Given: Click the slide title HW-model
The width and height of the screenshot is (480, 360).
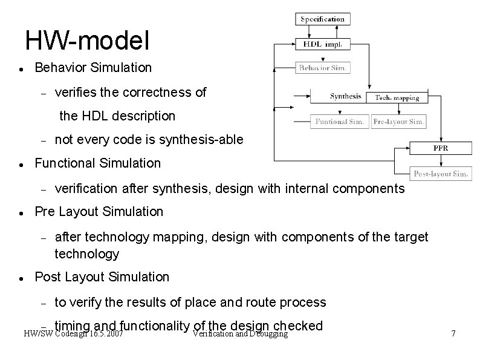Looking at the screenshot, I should pyautogui.click(x=87, y=41).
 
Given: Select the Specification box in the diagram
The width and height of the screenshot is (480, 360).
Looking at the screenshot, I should pyautogui.click(x=323, y=19).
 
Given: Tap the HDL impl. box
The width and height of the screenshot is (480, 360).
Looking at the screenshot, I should pyautogui.click(x=323, y=44).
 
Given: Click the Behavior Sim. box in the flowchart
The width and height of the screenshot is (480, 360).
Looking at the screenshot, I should pyautogui.click(x=323, y=68).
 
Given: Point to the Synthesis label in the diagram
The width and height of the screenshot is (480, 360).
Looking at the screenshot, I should pyautogui.click(x=346, y=96).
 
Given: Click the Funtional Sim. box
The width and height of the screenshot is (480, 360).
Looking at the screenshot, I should pyautogui.click(x=339, y=122).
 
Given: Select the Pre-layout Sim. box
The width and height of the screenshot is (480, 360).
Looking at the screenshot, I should pyautogui.click(x=399, y=122).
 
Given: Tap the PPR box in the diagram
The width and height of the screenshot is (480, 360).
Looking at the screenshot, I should pyautogui.click(x=440, y=148).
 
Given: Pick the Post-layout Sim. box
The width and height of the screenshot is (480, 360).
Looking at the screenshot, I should pyautogui.click(x=441, y=174).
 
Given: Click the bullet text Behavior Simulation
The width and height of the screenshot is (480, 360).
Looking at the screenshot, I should pyautogui.click(x=93, y=67).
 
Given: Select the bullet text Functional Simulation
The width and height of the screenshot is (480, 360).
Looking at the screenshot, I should pyautogui.click(x=98, y=163).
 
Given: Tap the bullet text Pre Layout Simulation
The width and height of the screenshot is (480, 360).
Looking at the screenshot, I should pyautogui.click(x=99, y=212).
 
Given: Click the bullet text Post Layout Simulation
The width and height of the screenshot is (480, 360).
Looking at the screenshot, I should pyautogui.click(x=102, y=277).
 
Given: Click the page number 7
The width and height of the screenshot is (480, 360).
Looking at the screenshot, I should pyautogui.click(x=454, y=334).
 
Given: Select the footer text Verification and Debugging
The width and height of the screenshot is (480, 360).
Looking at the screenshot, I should pyautogui.click(x=239, y=334).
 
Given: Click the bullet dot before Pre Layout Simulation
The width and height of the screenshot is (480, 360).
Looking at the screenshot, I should pyautogui.click(x=21, y=213).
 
